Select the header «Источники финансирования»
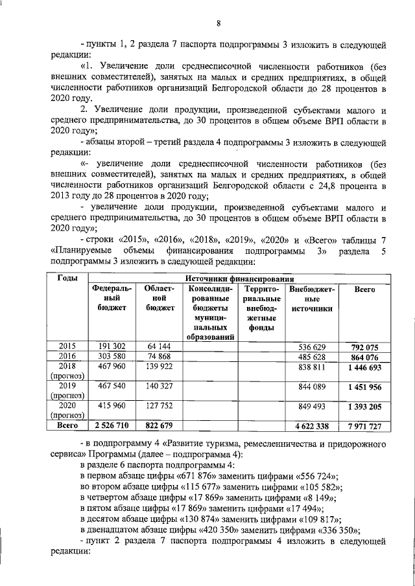(237, 278)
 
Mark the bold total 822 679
(159, 425)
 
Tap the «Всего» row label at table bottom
(68, 425)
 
